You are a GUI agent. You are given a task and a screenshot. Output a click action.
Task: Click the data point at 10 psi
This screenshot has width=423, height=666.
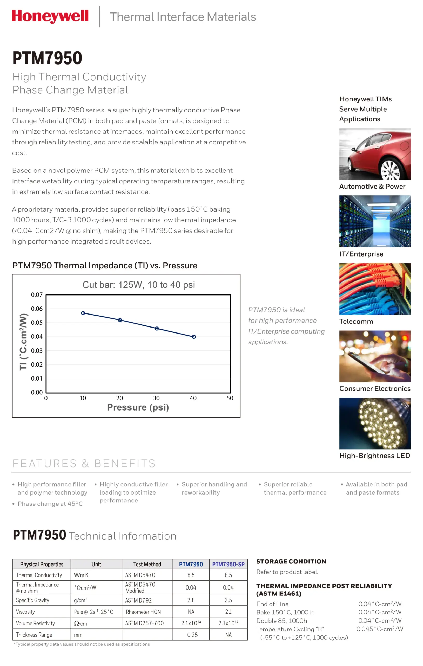[x=83, y=313]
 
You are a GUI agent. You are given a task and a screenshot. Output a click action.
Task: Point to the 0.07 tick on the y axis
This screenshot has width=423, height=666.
[x=37, y=295]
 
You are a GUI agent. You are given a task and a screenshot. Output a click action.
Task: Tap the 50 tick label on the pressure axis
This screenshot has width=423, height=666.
[x=230, y=398]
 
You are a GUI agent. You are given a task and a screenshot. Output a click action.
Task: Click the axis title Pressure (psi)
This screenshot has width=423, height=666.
[x=138, y=407]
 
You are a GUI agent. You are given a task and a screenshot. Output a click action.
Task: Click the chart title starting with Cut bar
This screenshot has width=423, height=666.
[x=139, y=285]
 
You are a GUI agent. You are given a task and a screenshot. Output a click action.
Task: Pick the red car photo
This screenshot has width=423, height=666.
[x=375, y=154]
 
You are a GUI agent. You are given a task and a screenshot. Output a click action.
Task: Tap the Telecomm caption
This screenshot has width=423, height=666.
[x=356, y=321]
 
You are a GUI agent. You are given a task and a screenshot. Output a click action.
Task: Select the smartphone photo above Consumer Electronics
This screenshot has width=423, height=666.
[x=375, y=356]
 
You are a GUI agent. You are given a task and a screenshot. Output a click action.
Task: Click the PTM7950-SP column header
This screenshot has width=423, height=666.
[x=228, y=565]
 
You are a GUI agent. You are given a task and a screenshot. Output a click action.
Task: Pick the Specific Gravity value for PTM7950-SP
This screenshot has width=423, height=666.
[x=228, y=600]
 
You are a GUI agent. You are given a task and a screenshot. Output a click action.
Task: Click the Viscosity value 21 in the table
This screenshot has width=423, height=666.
[x=228, y=612]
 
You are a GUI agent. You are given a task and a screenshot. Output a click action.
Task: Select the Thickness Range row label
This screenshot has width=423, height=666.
[x=34, y=635]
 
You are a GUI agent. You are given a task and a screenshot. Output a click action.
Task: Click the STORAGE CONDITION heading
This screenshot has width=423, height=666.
[x=291, y=561]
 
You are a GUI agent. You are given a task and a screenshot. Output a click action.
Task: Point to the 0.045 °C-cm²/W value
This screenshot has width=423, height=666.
[x=380, y=629]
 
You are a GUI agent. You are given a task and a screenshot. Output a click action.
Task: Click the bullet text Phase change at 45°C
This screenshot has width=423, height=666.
[x=50, y=504]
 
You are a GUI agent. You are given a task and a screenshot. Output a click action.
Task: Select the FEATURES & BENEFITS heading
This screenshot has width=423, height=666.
[x=84, y=464]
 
